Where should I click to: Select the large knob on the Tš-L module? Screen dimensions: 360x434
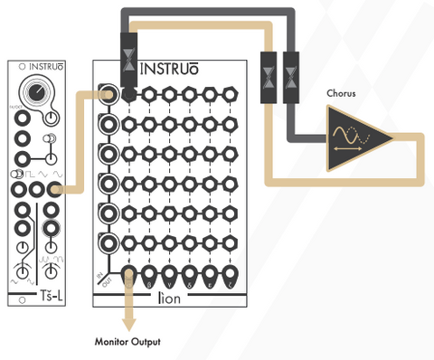click(x=37, y=93)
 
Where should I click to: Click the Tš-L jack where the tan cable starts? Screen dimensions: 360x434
click(x=55, y=189)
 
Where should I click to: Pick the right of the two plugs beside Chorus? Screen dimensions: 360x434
click(x=291, y=70)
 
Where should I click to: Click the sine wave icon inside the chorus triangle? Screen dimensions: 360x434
click(x=349, y=134)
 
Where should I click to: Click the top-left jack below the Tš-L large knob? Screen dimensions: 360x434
click(x=21, y=137)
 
